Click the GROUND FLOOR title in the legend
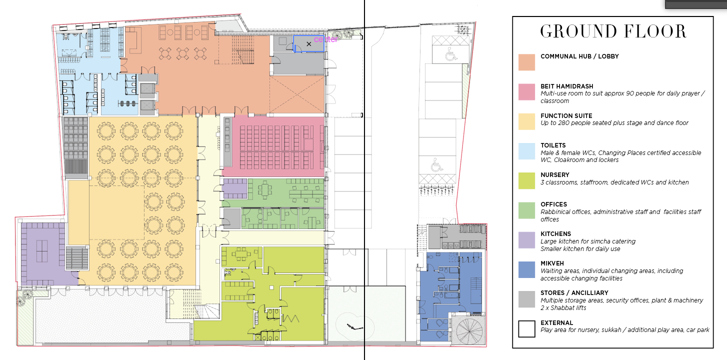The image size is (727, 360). (613, 31)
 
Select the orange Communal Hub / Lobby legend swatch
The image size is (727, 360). (526, 62)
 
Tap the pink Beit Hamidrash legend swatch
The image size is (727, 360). (526, 92)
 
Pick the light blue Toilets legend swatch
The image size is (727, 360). (526, 151)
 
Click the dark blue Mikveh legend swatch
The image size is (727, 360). (526, 270)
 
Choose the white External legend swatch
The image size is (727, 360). (526, 329)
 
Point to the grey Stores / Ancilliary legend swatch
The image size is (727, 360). (526, 299)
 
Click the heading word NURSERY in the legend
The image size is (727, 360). (554, 175)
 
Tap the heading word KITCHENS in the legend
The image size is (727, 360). (555, 234)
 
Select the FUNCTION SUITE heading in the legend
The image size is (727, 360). (566, 116)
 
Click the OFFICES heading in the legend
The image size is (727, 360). (553, 204)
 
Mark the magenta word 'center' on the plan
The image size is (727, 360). (326, 39)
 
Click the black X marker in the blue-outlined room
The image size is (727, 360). (308, 44)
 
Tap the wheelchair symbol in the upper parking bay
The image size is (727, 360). (450, 54)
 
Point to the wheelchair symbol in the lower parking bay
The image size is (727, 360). (437, 165)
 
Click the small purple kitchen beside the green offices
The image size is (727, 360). (234, 188)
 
